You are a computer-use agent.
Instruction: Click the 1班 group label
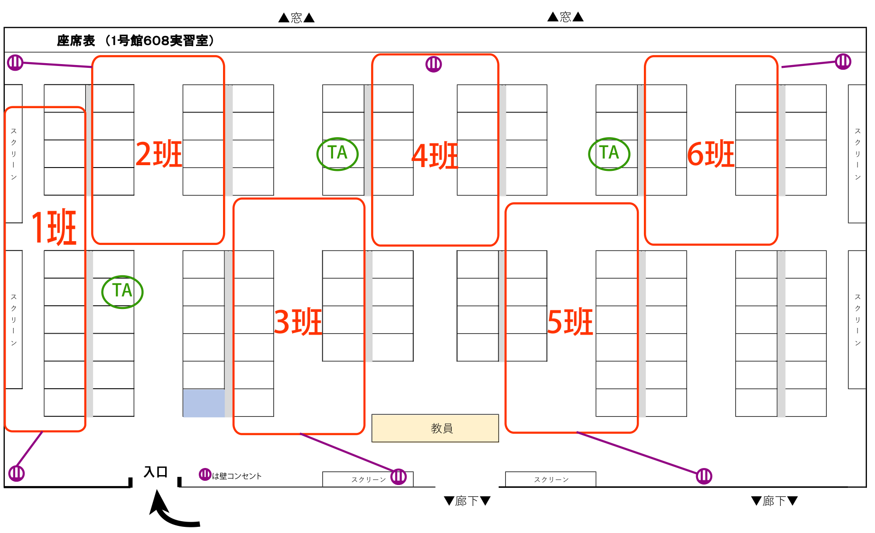pyautogui.click(x=54, y=227)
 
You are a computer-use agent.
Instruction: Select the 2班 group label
pyautogui.click(x=159, y=154)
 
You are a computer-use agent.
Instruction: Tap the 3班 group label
pyautogui.click(x=298, y=322)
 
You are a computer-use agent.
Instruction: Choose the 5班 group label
pyautogui.click(x=570, y=322)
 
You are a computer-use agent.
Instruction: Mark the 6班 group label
pyautogui.click(x=711, y=154)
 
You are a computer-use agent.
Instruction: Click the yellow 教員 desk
pyautogui.click(x=435, y=428)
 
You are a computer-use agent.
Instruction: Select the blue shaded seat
pyautogui.click(x=204, y=403)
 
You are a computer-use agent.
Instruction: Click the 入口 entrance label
pyautogui.click(x=156, y=472)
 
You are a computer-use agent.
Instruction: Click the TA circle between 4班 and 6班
pyautogui.click(x=609, y=154)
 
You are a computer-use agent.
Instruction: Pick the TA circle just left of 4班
pyautogui.click(x=337, y=154)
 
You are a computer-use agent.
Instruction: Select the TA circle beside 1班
pyautogui.click(x=122, y=291)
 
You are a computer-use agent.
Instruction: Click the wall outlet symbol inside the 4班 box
pyautogui.click(x=434, y=64)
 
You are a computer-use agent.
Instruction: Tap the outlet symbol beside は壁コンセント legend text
pyautogui.click(x=205, y=474)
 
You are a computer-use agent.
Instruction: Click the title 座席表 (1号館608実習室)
pyautogui.click(x=136, y=41)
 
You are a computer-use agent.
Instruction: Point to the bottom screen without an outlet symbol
pyautogui.click(x=550, y=479)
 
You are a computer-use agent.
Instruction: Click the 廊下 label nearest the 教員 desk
pyautogui.click(x=467, y=501)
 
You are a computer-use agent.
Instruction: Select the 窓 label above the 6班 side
pyautogui.click(x=565, y=17)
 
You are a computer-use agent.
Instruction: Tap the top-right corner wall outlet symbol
pyautogui.click(x=843, y=61)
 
